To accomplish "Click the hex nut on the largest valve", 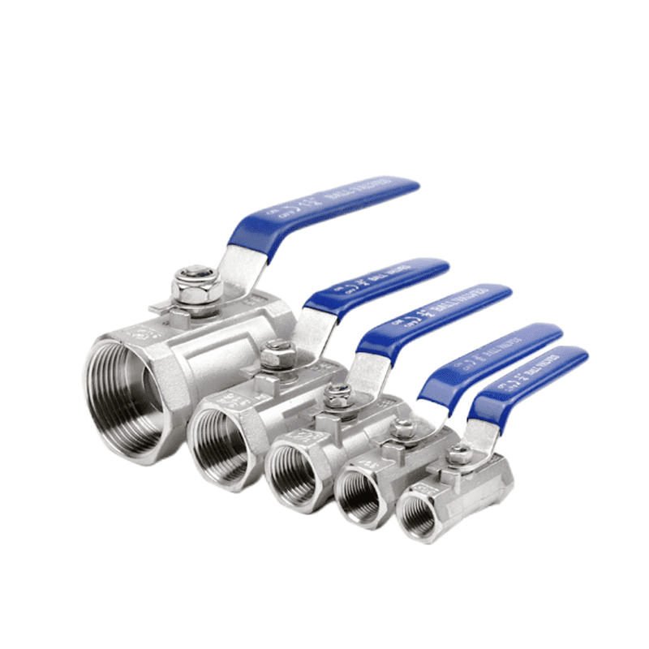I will (197, 286).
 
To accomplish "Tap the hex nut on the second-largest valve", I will (277, 355).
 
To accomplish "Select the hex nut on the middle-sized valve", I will (338, 396).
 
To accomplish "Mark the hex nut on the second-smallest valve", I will (402, 428).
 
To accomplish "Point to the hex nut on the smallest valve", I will (459, 453).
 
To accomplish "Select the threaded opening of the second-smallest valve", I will (359, 495).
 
